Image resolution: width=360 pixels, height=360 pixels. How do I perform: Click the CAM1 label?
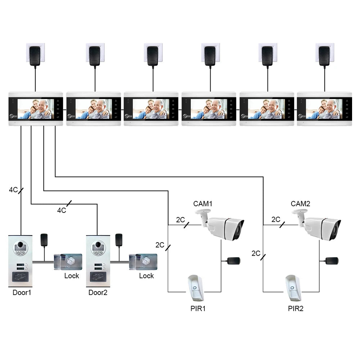click(203, 204)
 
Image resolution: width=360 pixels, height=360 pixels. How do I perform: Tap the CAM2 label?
click(300, 204)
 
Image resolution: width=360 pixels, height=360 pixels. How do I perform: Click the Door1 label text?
click(22, 292)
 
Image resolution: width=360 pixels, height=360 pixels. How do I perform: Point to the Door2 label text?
click(98, 292)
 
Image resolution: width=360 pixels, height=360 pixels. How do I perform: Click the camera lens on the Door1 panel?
click(21, 247)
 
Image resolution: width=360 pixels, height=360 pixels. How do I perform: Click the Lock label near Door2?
click(146, 276)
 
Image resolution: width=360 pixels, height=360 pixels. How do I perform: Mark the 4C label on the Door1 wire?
click(13, 190)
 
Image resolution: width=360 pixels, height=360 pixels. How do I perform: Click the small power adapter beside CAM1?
click(234, 260)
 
